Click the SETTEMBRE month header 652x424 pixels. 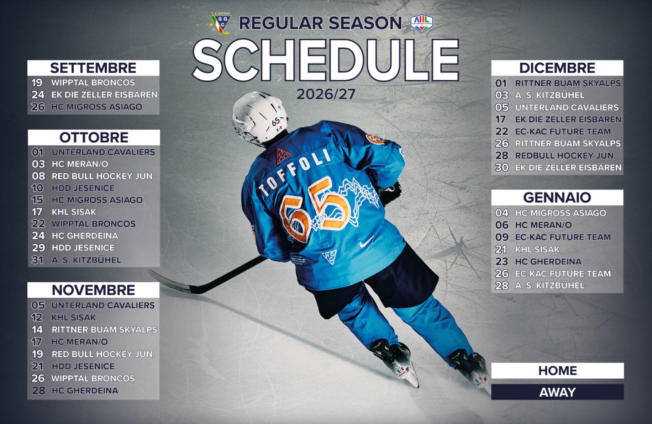(x=93, y=68)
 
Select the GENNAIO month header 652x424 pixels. (x=557, y=197)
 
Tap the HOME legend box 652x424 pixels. (x=557, y=371)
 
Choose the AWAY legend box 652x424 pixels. (x=557, y=392)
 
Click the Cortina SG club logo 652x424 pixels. (x=220, y=23)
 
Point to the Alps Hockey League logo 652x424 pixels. (x=422, y=24)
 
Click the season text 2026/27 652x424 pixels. (x=326, y=94)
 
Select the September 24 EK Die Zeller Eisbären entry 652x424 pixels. (x=94, y=95)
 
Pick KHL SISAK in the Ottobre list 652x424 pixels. (x=74, y=212)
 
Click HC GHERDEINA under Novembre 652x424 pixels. (x=85, y=391)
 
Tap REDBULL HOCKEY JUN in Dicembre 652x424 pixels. (x=564, y=155)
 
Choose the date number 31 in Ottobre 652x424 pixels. (x=37, y=260)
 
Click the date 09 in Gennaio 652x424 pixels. (x=502, y=237)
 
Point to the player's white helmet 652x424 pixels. (x=260, y=117)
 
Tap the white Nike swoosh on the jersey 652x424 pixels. (x=366, y=242)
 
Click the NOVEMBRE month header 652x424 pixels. (x=93, y=290)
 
